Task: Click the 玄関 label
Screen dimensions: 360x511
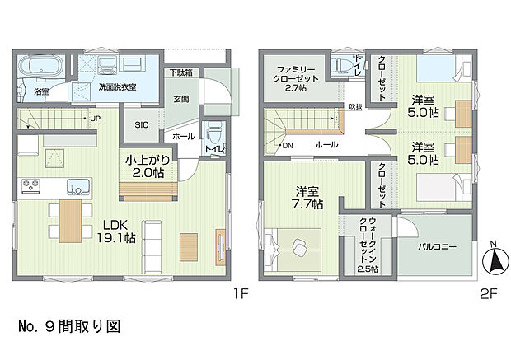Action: point(180,99)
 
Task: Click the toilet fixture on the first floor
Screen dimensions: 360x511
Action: point(215,131)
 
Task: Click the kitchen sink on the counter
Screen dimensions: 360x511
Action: point(78,185)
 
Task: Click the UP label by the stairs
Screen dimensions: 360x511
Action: point(95,119)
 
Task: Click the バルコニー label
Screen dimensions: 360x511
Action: point(433,245)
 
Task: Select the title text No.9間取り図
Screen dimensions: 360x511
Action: point(68,326)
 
